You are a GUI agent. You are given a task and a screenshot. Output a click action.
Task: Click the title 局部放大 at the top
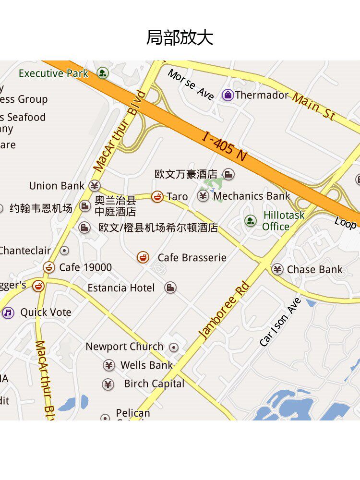(180, 37)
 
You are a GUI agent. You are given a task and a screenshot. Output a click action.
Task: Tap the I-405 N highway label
(224, 147)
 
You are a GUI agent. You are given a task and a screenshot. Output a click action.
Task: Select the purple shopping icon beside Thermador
(228, 95)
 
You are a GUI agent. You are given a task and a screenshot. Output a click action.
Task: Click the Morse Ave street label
(191, 85)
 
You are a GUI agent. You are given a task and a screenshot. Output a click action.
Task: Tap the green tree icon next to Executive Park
(102, 73)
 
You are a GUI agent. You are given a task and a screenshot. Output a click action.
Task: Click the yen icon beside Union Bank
(95, 186)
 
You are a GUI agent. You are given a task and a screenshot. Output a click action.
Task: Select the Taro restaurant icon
(157, 196)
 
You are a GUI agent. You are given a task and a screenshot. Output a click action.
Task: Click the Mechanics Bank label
(252, 196)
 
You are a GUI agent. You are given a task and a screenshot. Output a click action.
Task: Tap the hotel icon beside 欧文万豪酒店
(229, 174)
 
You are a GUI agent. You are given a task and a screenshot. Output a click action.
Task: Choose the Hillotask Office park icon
(251, 221)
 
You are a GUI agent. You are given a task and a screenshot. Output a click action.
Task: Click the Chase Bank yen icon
(277, 269)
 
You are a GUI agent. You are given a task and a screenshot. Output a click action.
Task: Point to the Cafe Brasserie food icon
(143, 257)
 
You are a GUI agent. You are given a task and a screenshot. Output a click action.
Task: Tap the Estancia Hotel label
(121, 288)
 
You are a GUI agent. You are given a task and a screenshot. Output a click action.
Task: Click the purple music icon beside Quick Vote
(8, 313)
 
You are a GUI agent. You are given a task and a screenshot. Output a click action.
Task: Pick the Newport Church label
(124, 347)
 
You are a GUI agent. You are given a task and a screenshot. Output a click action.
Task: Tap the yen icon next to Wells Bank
(109, 365)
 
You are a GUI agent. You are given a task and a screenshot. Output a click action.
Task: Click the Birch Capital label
(154, 384)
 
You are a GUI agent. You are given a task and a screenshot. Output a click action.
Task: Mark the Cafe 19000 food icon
(49, 267)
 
